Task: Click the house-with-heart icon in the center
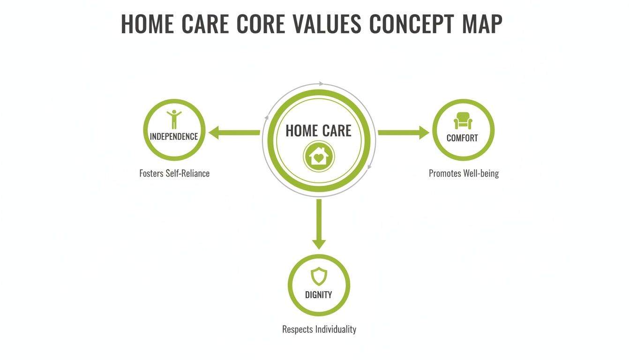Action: (318, 157)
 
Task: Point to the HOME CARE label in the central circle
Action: (318, 131)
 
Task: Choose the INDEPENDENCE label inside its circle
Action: (174, 136)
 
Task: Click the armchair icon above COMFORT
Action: (463, 120)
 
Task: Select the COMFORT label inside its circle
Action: (462, 138)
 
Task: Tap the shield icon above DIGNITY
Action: (319, 276)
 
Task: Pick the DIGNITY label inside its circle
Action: (319, 295)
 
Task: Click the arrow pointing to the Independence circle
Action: (234, 133)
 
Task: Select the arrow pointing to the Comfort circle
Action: (403, 133)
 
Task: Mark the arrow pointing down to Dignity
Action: (319, 224)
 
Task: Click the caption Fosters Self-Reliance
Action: (174, 173)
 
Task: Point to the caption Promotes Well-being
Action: (464, 173)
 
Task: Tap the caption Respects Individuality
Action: (319, 329)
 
